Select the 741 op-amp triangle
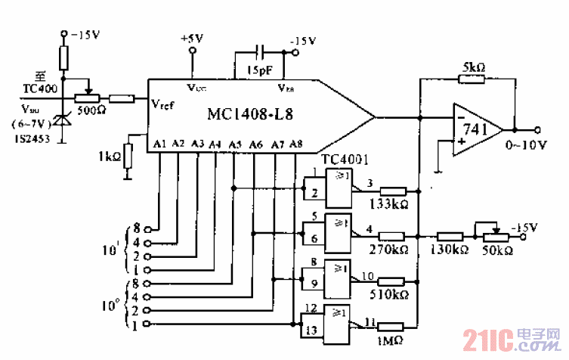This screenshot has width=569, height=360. [x=476, y=129]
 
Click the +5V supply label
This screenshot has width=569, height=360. [x=192, y=38]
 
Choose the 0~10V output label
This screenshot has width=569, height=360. [x=526, y=144]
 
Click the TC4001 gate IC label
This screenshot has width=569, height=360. [x=345, y=161]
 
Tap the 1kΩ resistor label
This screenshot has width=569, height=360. [x=110, y=157]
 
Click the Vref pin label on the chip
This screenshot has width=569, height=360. [x=162, y=104]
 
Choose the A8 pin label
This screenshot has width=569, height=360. [x=295, y=143]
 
